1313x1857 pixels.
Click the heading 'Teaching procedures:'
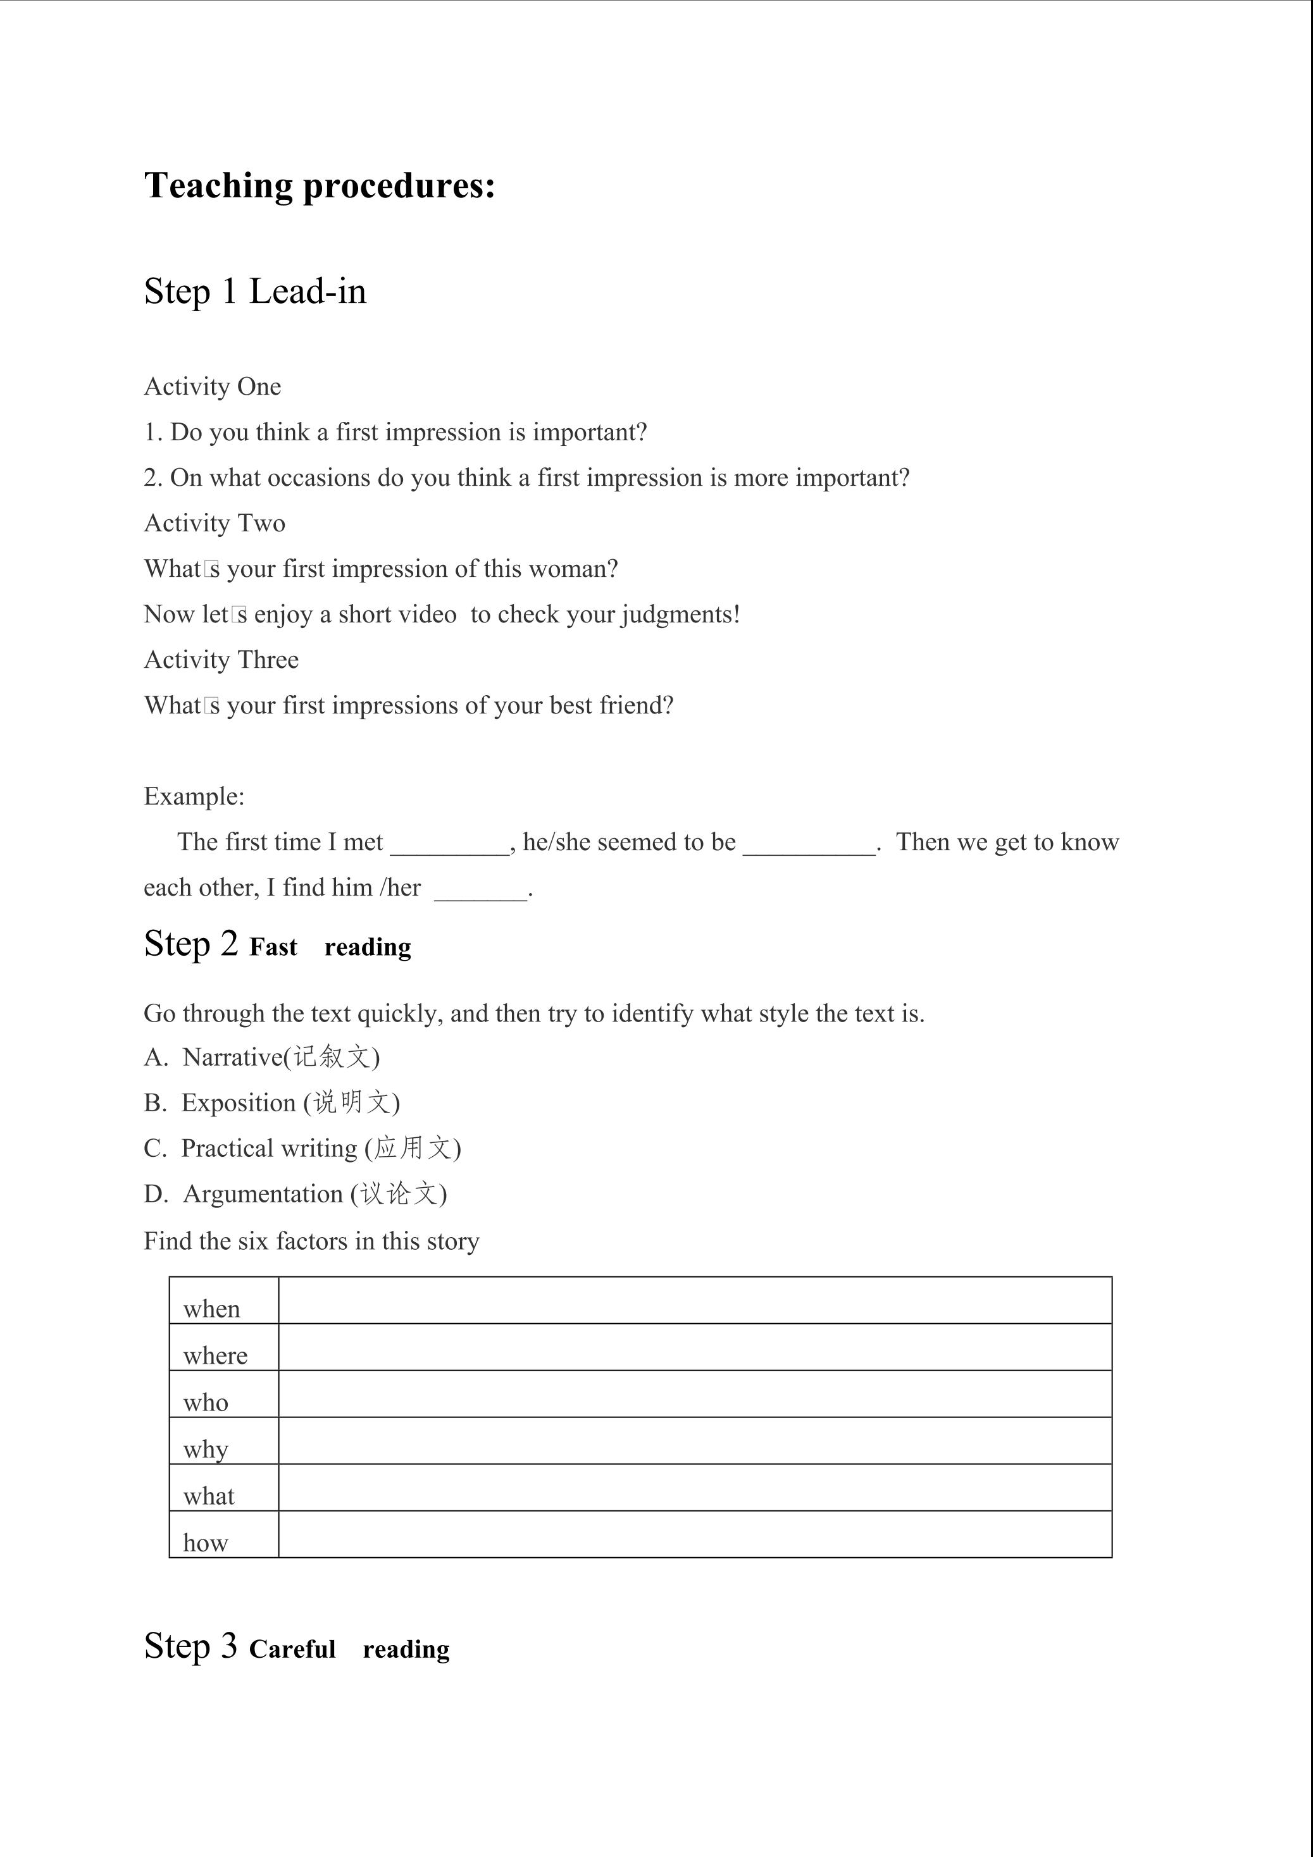click(319, 186)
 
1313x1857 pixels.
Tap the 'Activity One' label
click(212, 386)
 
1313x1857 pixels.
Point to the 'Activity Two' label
click(215, 523)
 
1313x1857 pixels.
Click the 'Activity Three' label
click(221, 660)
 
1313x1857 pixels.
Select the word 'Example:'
click(194, 797)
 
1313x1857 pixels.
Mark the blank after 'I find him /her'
click(480, 891)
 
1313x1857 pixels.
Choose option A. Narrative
click(261, 1057)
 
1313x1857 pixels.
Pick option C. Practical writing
click(302, 1149)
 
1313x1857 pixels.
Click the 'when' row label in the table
click(211, 1309)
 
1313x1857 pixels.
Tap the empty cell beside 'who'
click(694, 1393)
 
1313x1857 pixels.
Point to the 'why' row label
click(206, 1448)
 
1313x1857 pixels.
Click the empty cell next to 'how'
click(694, 1534)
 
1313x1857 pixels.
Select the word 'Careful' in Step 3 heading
click(292, 1649)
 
